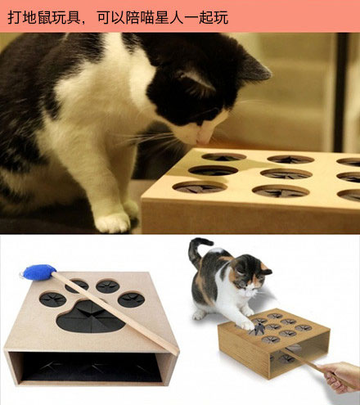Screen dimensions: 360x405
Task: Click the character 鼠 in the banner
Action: (x=44, y=17)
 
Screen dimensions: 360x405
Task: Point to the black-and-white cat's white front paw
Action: (x=113, y=222)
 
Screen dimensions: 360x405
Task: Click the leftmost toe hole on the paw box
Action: (x=53, y=299)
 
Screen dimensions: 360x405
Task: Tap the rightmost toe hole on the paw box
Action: (x=131, y=299)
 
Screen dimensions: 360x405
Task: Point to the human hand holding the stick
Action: (x=342, y=377)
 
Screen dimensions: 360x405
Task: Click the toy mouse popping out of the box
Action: (x=258, y=329)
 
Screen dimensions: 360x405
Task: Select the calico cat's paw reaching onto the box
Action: (x=246, y=324)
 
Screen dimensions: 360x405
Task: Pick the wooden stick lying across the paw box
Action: (x=115, y=313)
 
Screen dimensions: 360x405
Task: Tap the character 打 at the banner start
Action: (x=15, y=17)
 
